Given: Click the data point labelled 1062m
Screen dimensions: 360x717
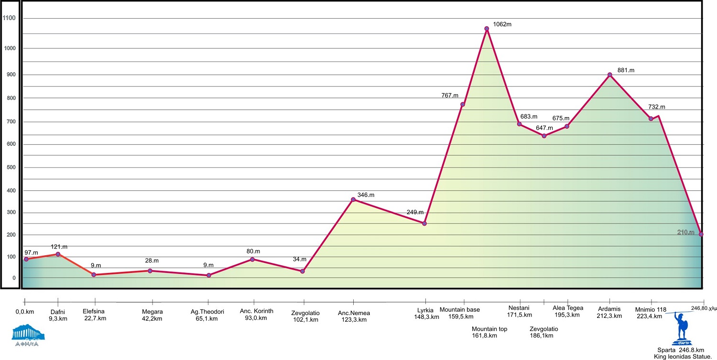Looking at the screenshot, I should point(487,29).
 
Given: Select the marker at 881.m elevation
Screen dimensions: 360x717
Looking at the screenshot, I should point(609,75).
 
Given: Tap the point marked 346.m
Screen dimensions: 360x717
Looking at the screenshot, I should point(353,199).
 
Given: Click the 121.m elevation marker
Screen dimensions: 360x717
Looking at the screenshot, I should point(58,254).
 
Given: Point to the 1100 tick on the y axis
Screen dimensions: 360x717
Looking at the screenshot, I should point(10,19).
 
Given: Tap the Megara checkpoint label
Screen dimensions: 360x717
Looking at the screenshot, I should point(152,315).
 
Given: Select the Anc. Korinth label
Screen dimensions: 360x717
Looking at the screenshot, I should point(256,314).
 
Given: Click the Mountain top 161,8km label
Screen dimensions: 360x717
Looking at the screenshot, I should point(489,332).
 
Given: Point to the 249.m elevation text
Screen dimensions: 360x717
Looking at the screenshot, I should point(415,212).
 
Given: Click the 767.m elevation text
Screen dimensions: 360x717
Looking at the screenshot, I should point(450,96).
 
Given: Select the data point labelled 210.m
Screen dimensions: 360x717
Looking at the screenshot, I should point(701,234).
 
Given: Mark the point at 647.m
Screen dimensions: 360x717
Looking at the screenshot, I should point(544,136).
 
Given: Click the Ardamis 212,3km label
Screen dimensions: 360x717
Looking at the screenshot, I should point(609,312).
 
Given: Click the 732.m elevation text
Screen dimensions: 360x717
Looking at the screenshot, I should point(656,107).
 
